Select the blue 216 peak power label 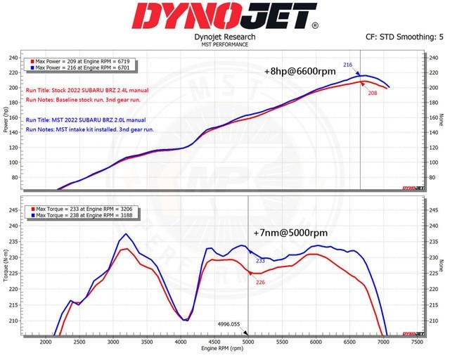pyautogui.click(x=347, y=65)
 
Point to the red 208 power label pyautogui.click(x=372, y=92)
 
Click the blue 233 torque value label pyautogui.click(x=260, y=261)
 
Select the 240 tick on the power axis pyautogui.click(x=13, y=57)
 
